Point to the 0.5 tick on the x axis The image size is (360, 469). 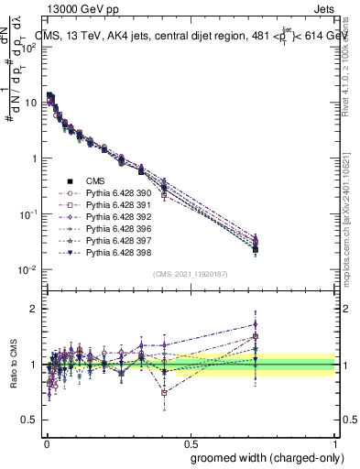click(x=190, y=442)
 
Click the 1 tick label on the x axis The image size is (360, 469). click(x=334, y=442)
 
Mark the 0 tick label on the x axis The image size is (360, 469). click(x=45, y=442)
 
